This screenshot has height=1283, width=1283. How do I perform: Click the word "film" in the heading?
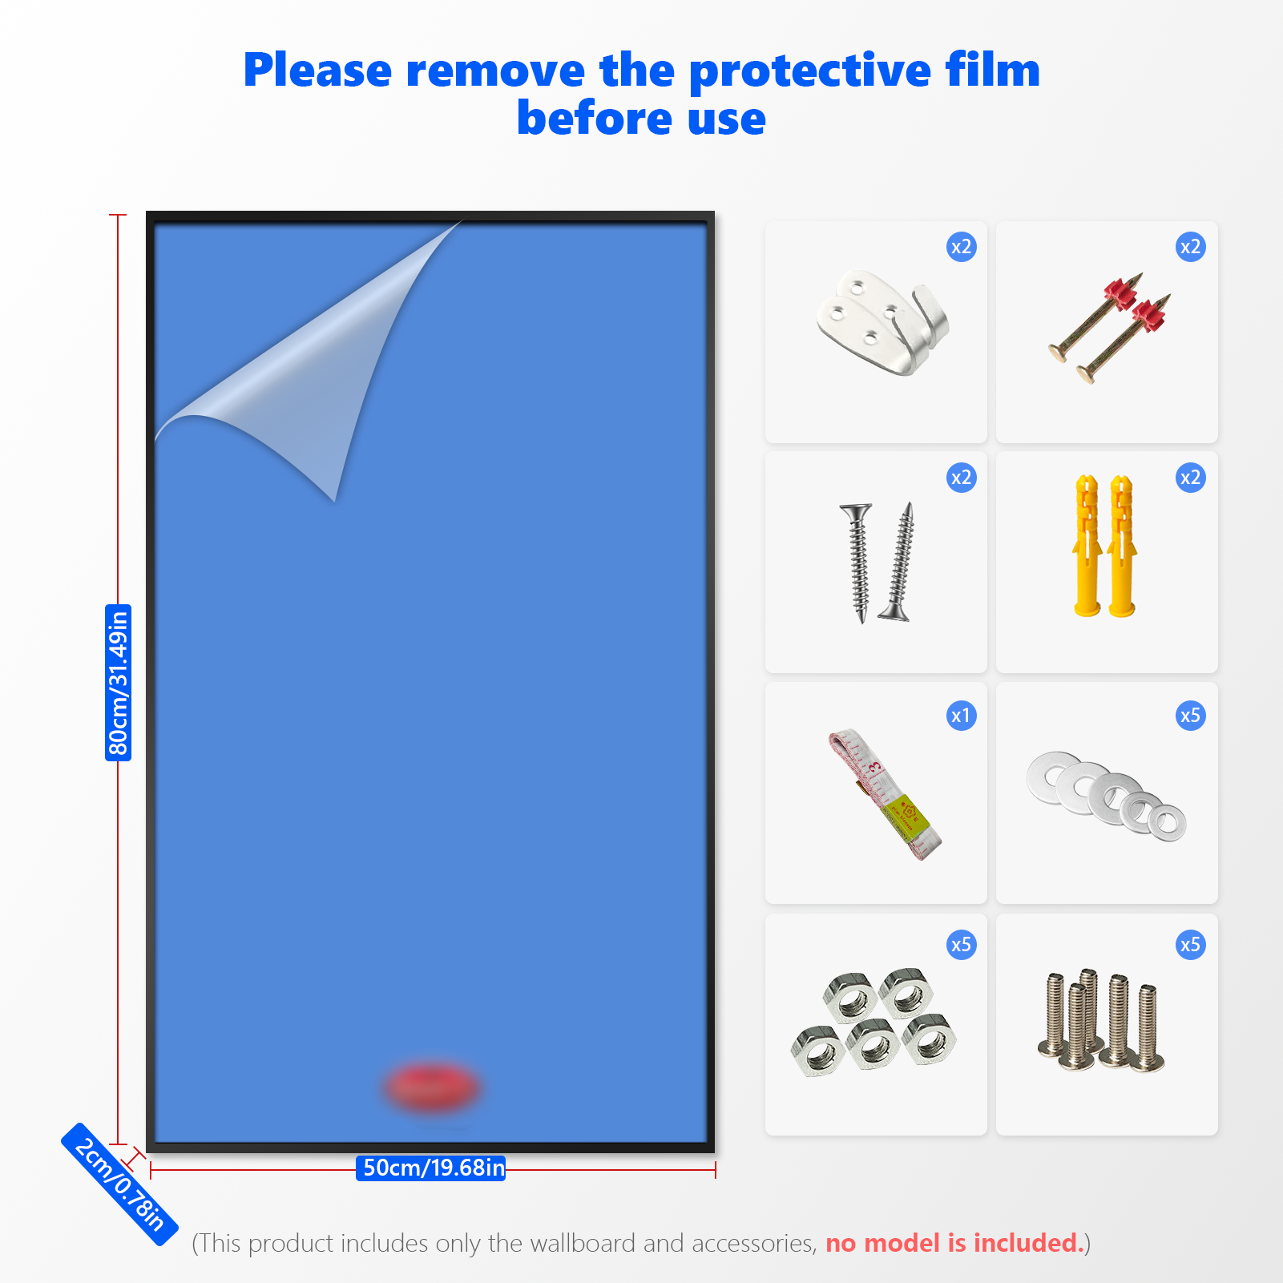(x=992, y=70)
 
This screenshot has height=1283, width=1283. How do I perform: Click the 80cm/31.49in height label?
(x=119, y=683)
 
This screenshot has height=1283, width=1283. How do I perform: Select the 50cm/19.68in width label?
(x=431, y=1168)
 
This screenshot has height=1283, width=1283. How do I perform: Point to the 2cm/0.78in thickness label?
(x=119, y=1184)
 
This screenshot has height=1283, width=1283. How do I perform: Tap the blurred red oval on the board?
(x=432, y=1087)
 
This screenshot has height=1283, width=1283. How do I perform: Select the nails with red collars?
(x=1109, y=328)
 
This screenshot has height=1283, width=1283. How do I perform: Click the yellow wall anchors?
(x=1104, y=546)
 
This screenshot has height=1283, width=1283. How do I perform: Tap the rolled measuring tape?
(x=885, y=794)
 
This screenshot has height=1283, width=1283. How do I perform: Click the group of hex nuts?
(x=874, y=1021)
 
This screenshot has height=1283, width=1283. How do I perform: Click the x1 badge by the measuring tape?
(x=961, y=716)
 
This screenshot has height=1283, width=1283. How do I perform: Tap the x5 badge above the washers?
(x=1191, y=716)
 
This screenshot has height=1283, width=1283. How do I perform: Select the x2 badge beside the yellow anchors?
(x=1191, y=478)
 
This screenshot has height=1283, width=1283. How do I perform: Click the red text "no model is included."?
(x=954, y=1243)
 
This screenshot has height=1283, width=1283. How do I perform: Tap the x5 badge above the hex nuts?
(x=961, y=945)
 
